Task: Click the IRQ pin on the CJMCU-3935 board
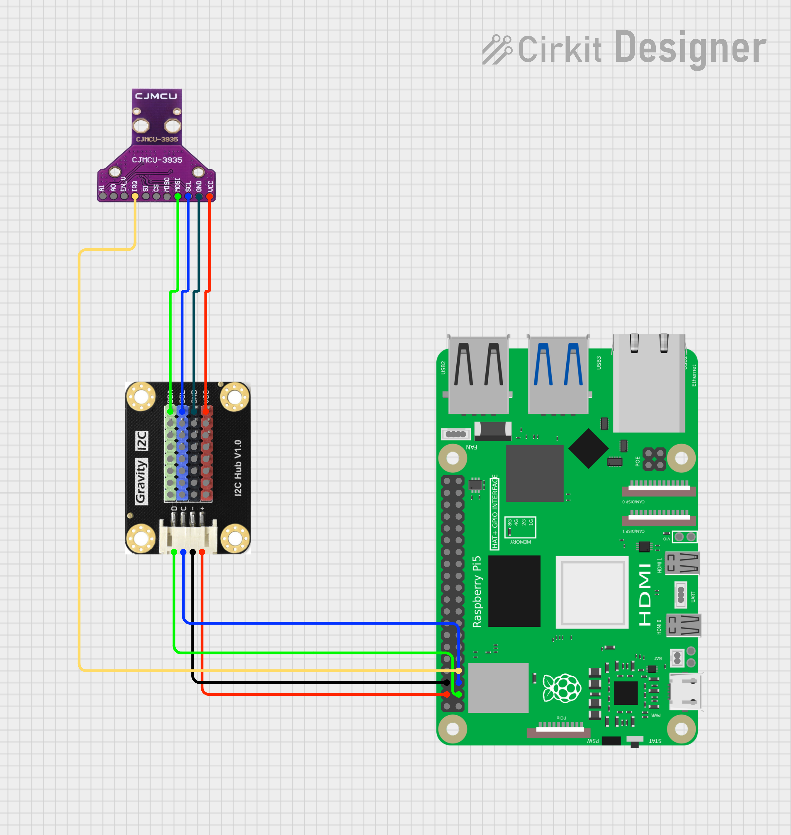pos(135,196)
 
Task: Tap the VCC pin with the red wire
pos(210,196)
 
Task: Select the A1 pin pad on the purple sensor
pos(103,196)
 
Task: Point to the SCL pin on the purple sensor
pos(188,196)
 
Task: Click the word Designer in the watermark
pos(690,49)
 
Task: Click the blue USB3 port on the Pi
pos(558,375)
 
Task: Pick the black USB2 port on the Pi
pos(479,375)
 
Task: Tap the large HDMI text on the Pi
pos(645,595)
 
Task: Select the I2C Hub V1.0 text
pos(238,468)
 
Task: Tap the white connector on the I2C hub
pos(188,537)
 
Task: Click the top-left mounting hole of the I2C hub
pos(141,397)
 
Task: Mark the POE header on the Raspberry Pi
pos(654,459)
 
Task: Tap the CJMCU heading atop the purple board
pos(156,96)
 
